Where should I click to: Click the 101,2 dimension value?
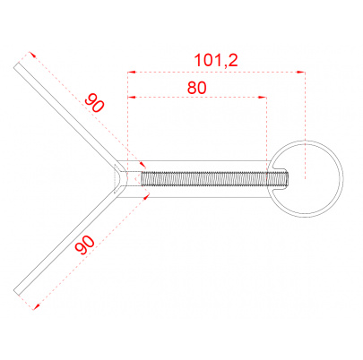tap(216, 61)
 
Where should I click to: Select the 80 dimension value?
tap(197, 88)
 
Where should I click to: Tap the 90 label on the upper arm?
tap(95, 103)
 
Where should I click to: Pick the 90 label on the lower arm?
tap(85, 245)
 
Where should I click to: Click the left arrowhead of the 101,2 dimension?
tap(131, 73)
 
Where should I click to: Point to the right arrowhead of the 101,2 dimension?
tap(301, 72)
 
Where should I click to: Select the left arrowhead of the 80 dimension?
tap(132, 97)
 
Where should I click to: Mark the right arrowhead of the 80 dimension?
tap(263, 97)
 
